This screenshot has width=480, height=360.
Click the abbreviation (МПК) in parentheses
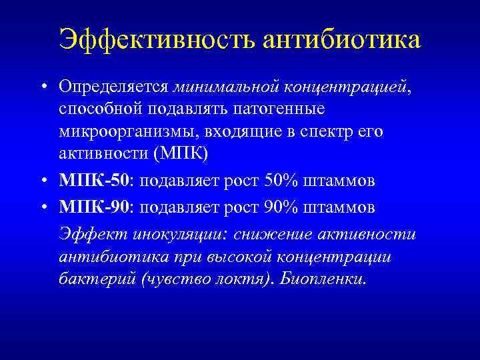pyautogui.click(x=181, y=153)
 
